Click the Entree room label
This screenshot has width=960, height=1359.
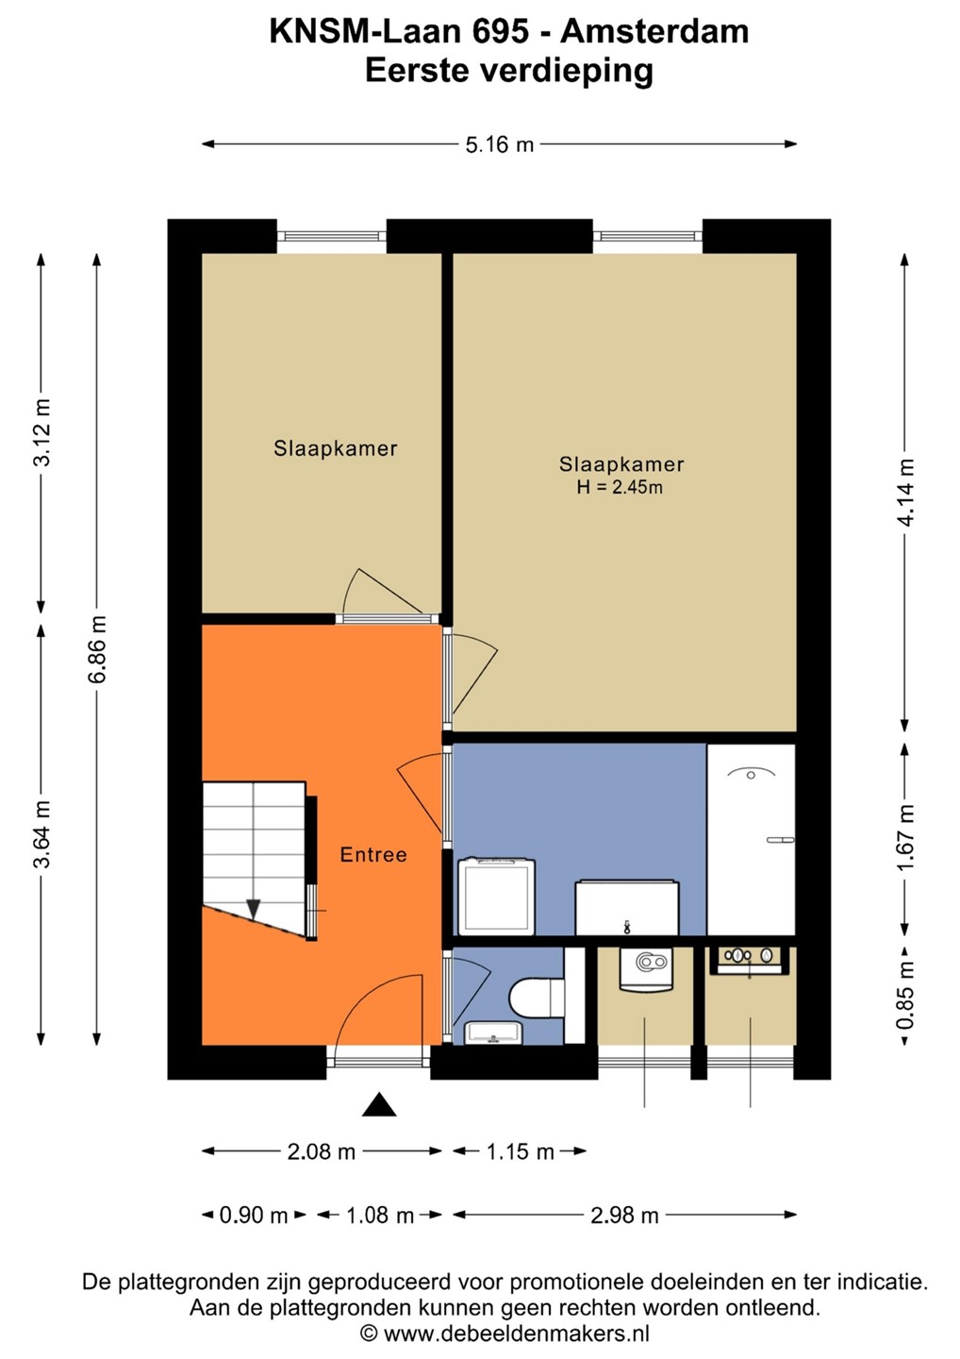(372, 855)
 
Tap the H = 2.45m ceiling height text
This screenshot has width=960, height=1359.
(620, 487)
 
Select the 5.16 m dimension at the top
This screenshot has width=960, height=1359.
(500, 144)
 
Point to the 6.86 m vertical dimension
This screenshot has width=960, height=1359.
(97, 649)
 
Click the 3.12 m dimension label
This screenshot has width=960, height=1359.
(41, 432)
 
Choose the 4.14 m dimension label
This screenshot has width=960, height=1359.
(906, 493)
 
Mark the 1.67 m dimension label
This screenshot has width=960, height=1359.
(906, 838)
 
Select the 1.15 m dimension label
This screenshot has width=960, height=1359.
(521, 1151)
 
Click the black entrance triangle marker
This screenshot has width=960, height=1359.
(379, 1105)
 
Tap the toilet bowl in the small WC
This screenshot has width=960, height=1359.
(536, 998)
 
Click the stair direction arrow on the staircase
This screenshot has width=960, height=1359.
(254, 909)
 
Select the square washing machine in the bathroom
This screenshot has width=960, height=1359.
(496, 897)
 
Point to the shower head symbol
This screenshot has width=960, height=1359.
(751, 774)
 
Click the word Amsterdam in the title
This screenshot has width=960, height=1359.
(654, 31)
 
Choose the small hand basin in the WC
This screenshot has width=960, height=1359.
(493, 1033)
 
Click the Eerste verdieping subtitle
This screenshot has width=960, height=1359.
(509, 72)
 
